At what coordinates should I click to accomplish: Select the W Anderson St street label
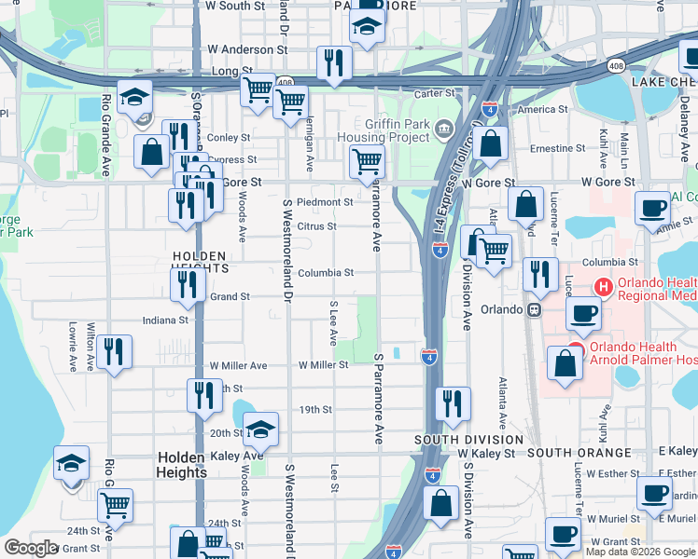pyautogui.click(x=247, y=49)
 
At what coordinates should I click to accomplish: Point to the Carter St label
pyautogui.click(x=434, y=93)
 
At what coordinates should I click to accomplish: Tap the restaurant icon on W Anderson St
pyautogui.click(x=333, y=62)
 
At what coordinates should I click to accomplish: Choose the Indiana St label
pyautogui.click(x=165, y=320)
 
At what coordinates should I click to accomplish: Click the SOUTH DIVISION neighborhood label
pyautogui.click(x=468, y=440)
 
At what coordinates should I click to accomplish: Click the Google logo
pyautogui.click(x=31, y=548)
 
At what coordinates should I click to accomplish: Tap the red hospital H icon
pyautogui.click(x=604, y=290)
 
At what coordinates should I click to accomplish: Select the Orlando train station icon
pyautogui.click(x=535, y=310)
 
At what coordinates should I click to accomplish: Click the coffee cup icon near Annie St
pyautogui.click(x=652, y=207)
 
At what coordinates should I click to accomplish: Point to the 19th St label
pyautogui.click(x=315, y=410)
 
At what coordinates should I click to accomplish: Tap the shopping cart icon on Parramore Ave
pyautogui.click(x=367, y=160)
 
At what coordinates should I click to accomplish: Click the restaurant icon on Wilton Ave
pyautogui.click(x=114, y=351)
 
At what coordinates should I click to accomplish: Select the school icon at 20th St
pyautogui.click(x=261, y=429)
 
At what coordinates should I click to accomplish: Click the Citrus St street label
pyautogui.click(x=317, y=226)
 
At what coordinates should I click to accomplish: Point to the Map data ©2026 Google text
pyautogui.click(x=639, y=552)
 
